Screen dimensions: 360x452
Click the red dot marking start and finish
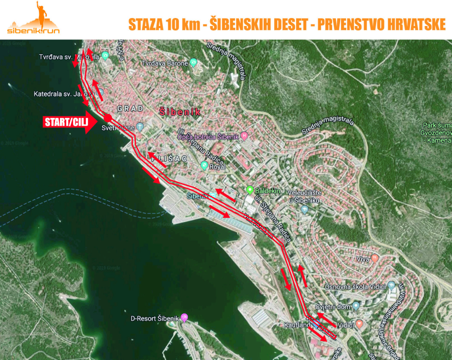pos(107,117)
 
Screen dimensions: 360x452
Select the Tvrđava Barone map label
pos(165,63)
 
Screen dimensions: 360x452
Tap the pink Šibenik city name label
pos(180,112)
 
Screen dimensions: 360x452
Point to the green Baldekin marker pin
pos(250,190)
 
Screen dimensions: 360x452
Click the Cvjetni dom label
pos(333,306)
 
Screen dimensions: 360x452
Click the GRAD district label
pos(130,108)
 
